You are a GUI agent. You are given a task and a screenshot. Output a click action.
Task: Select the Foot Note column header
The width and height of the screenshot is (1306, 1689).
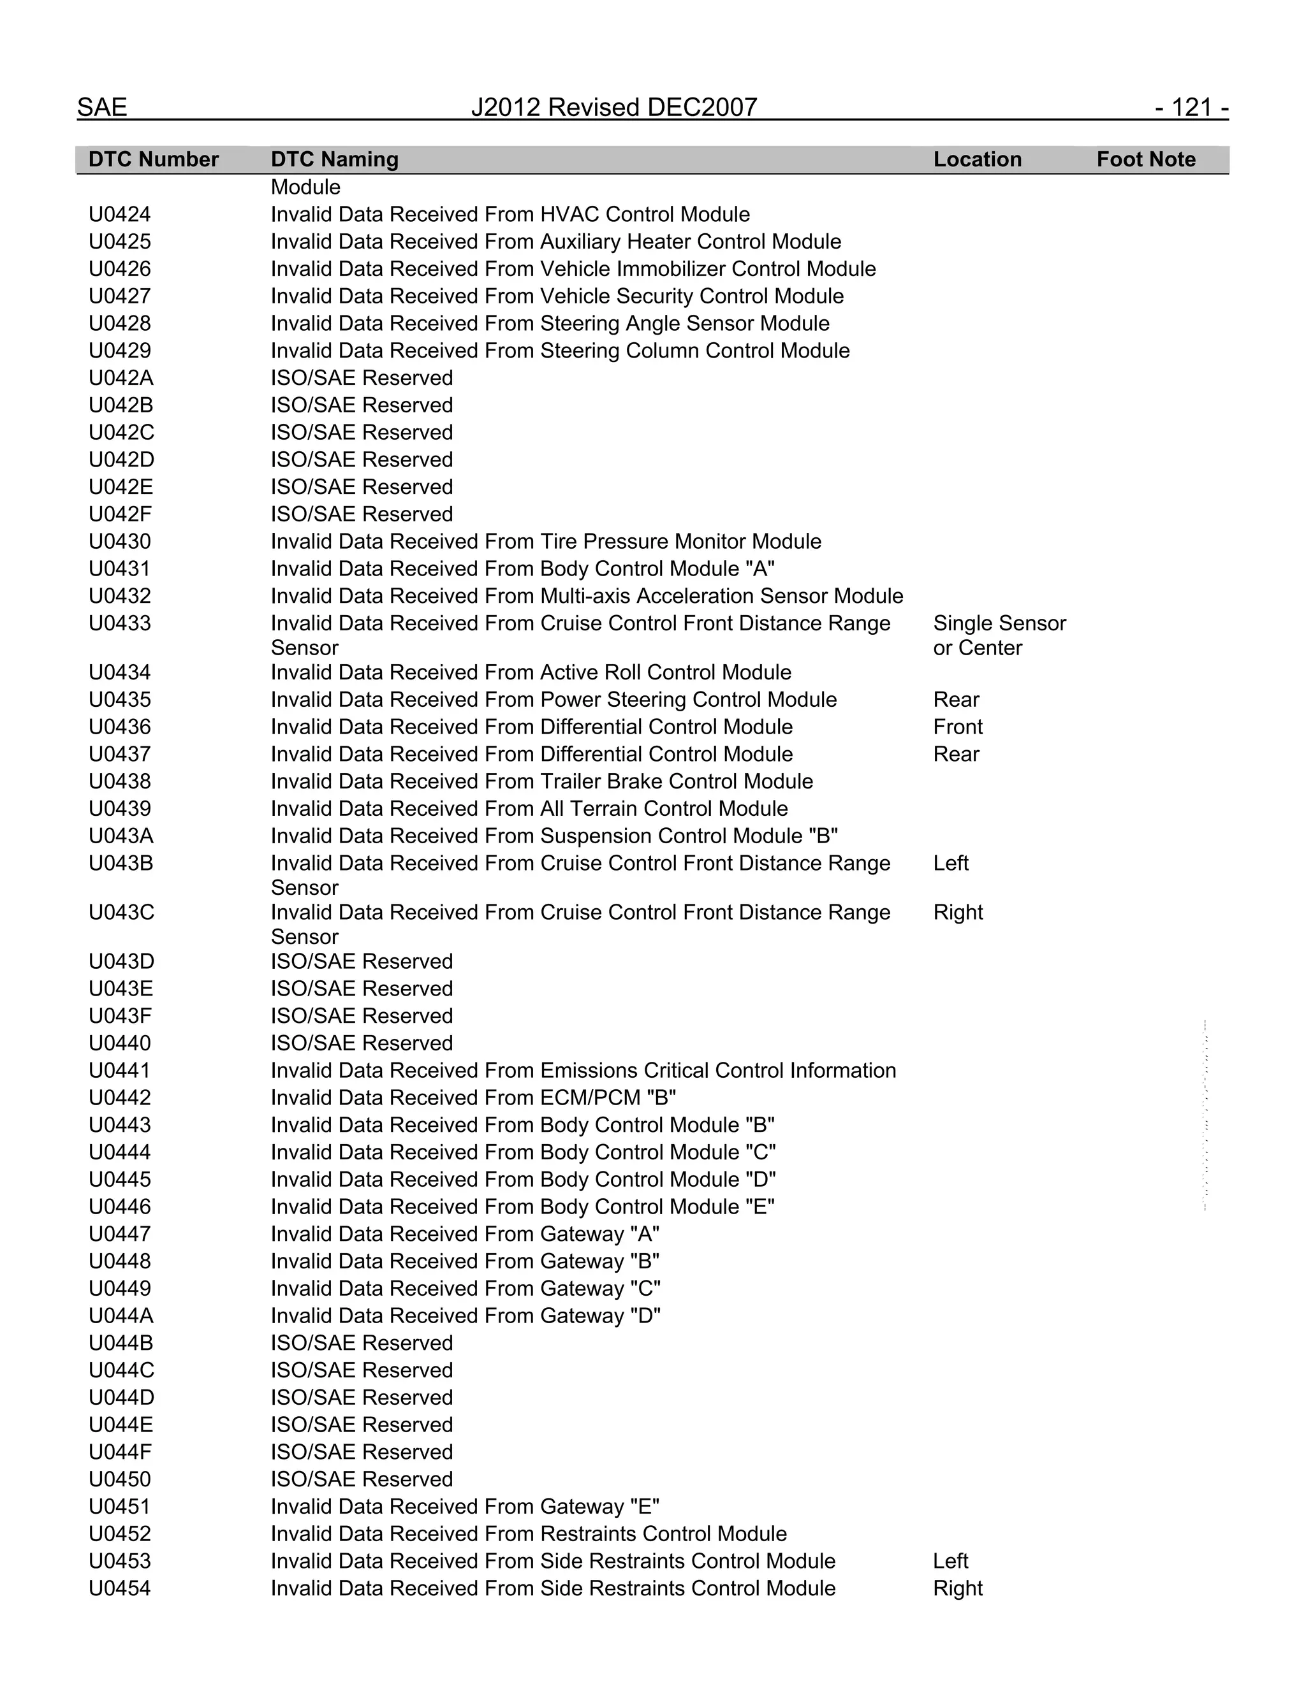[x=1146, y=159]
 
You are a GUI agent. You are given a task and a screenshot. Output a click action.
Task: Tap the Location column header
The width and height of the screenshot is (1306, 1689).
[x=977, y=159]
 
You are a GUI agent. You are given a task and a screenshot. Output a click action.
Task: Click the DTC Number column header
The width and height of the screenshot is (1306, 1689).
[x=153, y=159]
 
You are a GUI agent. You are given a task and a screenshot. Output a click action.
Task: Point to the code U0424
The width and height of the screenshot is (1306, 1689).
[x=120, y=214]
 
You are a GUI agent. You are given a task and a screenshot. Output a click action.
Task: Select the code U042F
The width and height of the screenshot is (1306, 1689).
[x=120, y=514]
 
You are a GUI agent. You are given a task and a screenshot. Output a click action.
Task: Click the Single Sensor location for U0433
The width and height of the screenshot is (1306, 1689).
[x=999, y=623]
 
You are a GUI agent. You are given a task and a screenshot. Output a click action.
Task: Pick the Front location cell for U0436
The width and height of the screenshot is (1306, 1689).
[x=958, y=727]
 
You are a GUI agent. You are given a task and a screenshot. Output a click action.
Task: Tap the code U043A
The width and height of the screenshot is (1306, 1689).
[x=121, y=836]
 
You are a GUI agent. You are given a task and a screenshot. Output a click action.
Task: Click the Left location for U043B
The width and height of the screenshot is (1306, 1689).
[x=951, y=863]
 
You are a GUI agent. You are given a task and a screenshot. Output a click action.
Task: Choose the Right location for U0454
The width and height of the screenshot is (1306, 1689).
[x=958, y=1588]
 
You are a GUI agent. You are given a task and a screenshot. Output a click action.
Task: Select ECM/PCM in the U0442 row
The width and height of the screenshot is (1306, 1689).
[x=591, y=1098]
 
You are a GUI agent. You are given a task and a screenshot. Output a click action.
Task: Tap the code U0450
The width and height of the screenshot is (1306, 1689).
[x=120, y=1479]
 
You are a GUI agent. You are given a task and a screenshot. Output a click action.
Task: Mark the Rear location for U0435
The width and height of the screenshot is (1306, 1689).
[x=957, y=700]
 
